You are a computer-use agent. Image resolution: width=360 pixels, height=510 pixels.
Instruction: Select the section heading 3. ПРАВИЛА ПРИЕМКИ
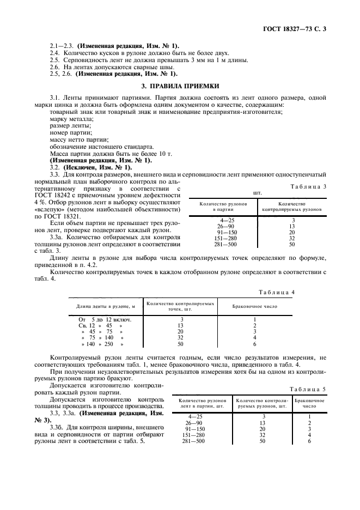click(x=180, y=86)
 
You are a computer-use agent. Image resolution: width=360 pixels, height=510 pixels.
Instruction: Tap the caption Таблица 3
click(x=312, y=186)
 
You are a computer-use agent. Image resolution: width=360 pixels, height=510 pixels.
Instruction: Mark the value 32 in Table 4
click(x=181, y=338)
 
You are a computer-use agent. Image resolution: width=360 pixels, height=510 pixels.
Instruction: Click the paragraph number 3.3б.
click(x=57, y=428)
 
